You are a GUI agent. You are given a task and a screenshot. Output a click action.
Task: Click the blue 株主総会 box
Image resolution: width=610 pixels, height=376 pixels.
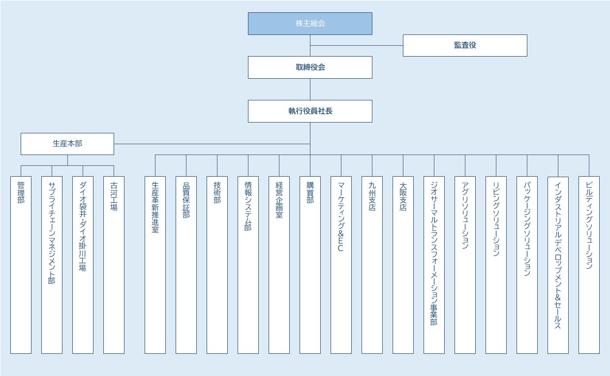pos(310,24)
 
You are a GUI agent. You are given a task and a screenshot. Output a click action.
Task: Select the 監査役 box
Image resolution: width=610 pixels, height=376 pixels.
pos(465,45)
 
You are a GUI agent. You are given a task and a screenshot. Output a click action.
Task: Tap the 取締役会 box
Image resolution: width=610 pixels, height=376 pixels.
pos(310,67)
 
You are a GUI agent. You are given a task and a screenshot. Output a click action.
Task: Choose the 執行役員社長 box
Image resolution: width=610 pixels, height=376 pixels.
pos(310,111)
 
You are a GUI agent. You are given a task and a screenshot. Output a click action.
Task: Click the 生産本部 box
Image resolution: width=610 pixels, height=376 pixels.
pos(67,144)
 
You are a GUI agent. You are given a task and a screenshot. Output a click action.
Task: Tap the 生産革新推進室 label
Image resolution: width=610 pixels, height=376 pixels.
pos(155,207)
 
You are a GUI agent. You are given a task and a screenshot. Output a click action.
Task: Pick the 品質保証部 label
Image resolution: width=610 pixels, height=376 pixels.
pos(186,200)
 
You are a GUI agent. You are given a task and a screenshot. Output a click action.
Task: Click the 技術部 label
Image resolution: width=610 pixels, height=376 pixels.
pos(217,193)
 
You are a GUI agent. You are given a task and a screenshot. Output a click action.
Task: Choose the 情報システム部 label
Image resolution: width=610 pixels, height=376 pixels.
pos(248,207)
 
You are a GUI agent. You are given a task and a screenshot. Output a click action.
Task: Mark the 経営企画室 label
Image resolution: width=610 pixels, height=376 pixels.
pos(279,200)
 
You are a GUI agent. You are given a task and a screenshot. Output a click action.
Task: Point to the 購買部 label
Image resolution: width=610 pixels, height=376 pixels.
pos(310,193)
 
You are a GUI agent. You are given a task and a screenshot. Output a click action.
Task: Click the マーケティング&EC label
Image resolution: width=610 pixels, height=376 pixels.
pos(341,217)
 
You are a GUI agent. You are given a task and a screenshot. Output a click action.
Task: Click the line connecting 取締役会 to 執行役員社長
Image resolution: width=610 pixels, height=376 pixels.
pos(310,89)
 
